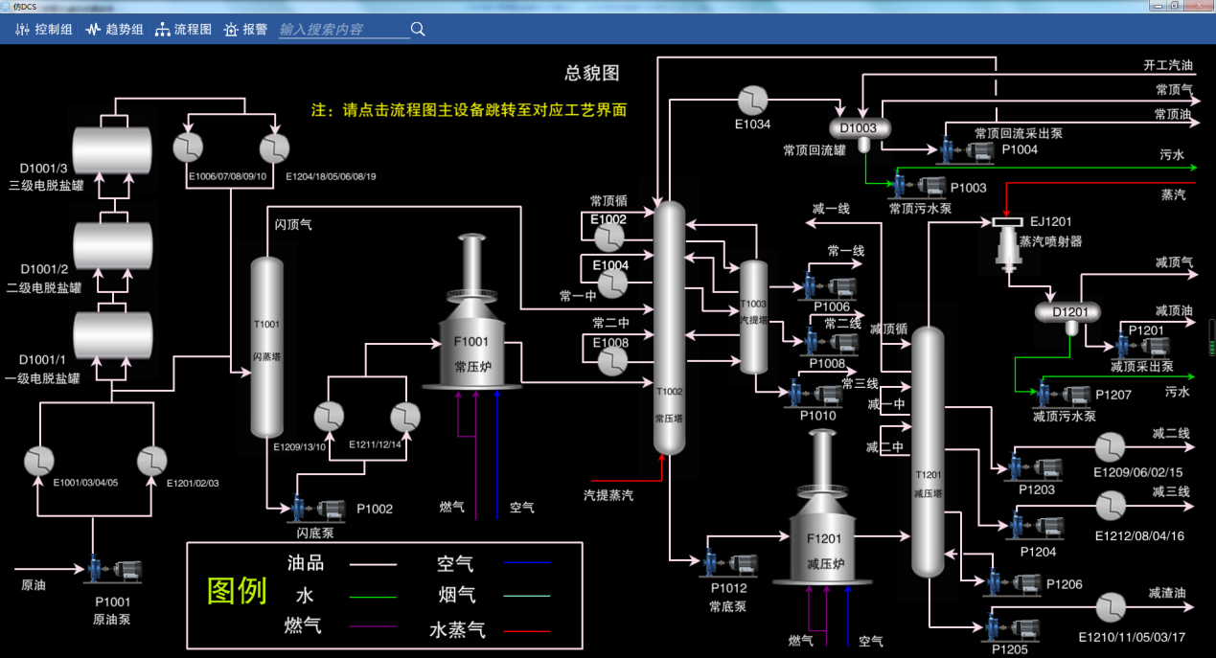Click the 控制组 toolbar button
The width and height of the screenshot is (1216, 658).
point(44,30)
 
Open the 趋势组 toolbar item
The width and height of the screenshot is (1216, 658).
point(114,30)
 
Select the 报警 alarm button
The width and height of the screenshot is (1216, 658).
point(245,30)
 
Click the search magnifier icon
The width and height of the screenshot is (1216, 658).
point(418,30)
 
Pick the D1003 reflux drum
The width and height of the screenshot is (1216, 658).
point(859,128)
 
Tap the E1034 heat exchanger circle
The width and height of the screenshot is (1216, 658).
point(753,101)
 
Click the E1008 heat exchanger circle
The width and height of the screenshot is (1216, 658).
point(610,361)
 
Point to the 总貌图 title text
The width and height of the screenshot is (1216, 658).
point(592,74)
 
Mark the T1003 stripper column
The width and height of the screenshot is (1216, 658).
point(754,316)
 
